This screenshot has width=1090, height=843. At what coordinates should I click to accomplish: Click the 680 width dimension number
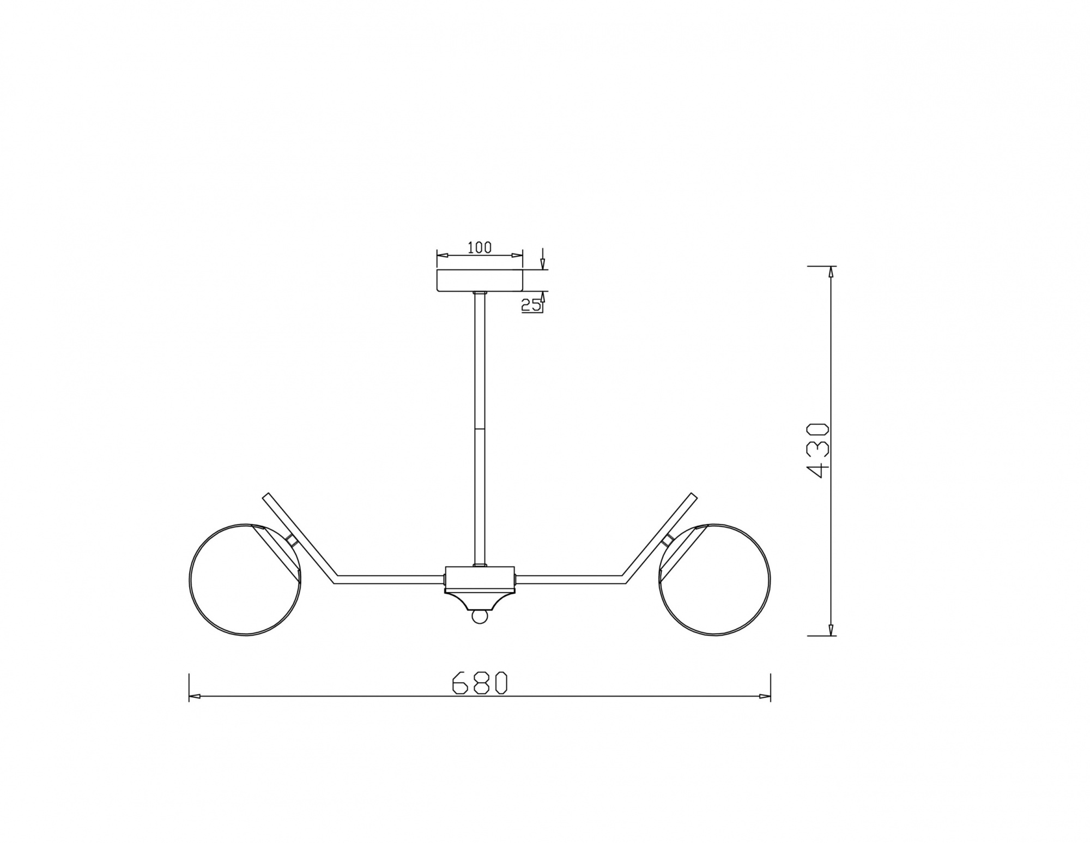click(480, 682)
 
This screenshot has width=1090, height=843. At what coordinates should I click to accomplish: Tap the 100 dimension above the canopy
click(480, 248)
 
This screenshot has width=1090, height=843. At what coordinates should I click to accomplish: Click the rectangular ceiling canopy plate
click(480, 280)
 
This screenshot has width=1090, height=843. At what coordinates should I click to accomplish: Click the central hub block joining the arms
click(480, 577)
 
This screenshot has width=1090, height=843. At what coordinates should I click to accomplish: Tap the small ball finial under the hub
click(480, 616)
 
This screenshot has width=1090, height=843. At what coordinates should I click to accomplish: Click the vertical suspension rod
click(480, 425)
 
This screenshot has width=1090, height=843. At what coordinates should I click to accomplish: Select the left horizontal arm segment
click(390, 579)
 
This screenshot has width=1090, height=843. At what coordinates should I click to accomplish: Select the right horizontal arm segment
click(570, 579)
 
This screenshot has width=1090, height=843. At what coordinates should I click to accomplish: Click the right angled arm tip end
click(693, 496)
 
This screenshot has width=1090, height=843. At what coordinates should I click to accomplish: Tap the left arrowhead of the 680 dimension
click(194, 696)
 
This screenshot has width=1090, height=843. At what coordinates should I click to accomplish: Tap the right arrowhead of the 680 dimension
click(765, 696)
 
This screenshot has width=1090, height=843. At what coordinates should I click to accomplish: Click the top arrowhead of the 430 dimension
click(831, 271)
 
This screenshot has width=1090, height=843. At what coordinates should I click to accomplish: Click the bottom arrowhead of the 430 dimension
click(831, 631)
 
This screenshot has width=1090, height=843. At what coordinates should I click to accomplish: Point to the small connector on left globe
click(292, 540)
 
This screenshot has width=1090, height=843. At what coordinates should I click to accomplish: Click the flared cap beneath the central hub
click(480, 600)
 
